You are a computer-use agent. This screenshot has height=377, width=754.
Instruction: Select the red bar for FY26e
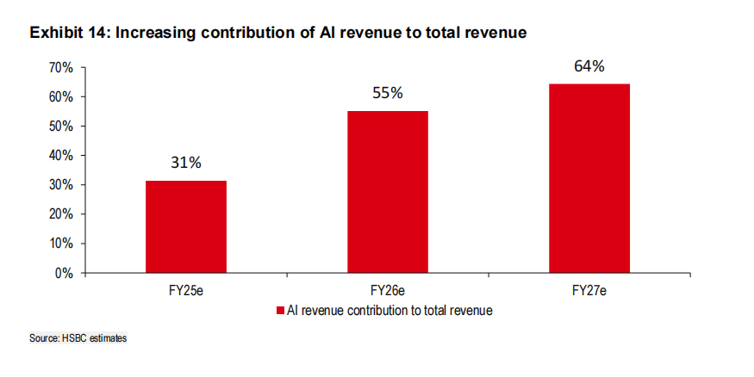tap(387, 192)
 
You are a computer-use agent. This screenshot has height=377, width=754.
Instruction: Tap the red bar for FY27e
tap(589, 178)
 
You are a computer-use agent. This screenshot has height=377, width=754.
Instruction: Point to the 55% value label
tap(387, 93)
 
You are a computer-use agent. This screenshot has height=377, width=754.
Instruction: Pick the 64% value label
tap(589, 65)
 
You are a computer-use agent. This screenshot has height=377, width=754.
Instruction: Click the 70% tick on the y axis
tap(60, 68)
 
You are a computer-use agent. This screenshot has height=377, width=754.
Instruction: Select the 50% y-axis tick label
tap(60, 127)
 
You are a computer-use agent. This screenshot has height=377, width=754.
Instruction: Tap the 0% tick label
tap(64, 273)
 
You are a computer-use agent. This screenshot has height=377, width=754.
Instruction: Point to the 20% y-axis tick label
tap(60, 214)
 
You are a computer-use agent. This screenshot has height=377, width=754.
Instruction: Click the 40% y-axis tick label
tap(60, 156)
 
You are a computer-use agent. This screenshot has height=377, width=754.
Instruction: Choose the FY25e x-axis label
tap(185, 292)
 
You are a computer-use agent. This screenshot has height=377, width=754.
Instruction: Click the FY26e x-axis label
tap(387, 292)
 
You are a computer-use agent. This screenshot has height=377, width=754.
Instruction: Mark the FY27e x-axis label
tap(589, 292)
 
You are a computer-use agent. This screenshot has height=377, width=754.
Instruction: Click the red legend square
tap(281, 310)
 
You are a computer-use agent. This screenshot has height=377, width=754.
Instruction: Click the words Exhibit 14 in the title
tap(65, 33)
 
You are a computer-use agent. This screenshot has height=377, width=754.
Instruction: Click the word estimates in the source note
tap(108, 339)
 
